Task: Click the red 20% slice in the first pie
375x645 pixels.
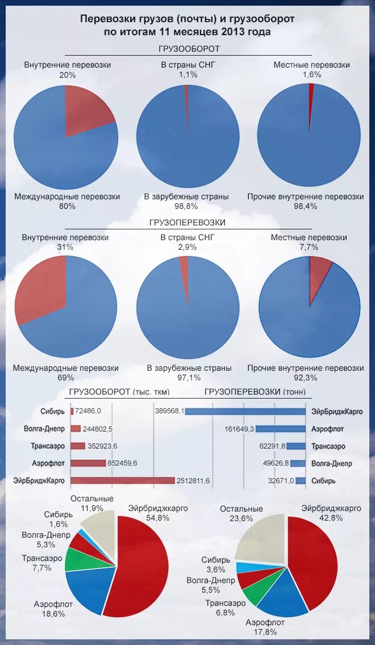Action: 88,111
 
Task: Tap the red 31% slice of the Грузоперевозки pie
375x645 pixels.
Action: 43,290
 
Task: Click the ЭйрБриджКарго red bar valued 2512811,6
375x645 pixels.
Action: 122,480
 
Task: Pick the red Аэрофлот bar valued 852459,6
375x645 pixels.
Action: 88,463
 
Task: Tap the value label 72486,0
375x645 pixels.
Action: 89,411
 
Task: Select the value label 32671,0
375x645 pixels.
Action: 281,481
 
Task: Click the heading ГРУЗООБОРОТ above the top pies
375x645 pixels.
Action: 189,49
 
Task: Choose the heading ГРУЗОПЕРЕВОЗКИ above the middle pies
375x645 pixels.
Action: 188,223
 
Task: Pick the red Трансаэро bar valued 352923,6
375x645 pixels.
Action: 78,446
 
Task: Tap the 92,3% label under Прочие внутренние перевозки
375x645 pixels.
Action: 306,378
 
